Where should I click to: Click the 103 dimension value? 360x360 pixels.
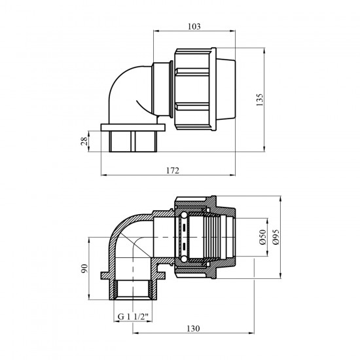[194, 27]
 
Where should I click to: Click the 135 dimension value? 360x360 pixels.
[259, 99]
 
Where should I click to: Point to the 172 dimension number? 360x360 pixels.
[172, 171]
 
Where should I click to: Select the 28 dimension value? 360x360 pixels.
[84, 141]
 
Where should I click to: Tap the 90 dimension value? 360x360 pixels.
[84, 268]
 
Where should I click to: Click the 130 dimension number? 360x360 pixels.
[193, 329]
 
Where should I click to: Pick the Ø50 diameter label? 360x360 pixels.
[262, 237]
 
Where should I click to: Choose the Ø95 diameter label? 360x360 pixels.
[276, 237]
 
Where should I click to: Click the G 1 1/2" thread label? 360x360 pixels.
[133, 317]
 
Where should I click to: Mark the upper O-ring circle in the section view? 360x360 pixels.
[184, 215]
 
